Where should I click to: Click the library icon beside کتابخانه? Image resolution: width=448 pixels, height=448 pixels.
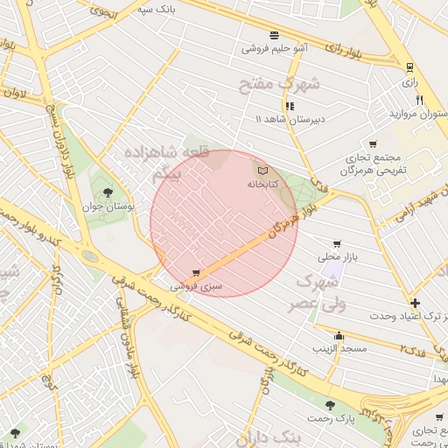tap(262, 170)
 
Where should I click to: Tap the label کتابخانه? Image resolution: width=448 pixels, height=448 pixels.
tap(262, 185)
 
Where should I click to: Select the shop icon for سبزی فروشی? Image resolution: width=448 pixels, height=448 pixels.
tap(195, 273)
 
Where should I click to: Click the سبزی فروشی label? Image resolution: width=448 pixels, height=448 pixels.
tap(196, 286)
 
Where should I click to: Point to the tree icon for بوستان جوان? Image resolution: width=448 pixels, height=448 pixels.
tap(108, 192)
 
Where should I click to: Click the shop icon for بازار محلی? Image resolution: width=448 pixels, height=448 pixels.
tap(337, 244)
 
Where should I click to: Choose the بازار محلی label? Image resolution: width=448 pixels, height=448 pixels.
tap(336, 258)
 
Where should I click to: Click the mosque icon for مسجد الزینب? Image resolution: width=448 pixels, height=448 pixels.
tap(339, 335)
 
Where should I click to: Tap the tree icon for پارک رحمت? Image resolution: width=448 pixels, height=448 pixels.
tap(330, 405)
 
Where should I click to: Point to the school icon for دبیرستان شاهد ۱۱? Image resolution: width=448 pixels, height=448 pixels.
tap(290, 106)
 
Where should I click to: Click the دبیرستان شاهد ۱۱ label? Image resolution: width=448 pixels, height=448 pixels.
tap(289, 119)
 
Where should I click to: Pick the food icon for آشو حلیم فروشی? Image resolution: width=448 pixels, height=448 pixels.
tap(275, 35)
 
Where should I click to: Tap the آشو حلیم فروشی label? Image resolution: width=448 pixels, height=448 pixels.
tap(275, 49)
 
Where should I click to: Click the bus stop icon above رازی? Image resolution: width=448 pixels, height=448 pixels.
tap(409, 67)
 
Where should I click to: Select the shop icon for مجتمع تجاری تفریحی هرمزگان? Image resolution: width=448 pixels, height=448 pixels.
tap(373, 144)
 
